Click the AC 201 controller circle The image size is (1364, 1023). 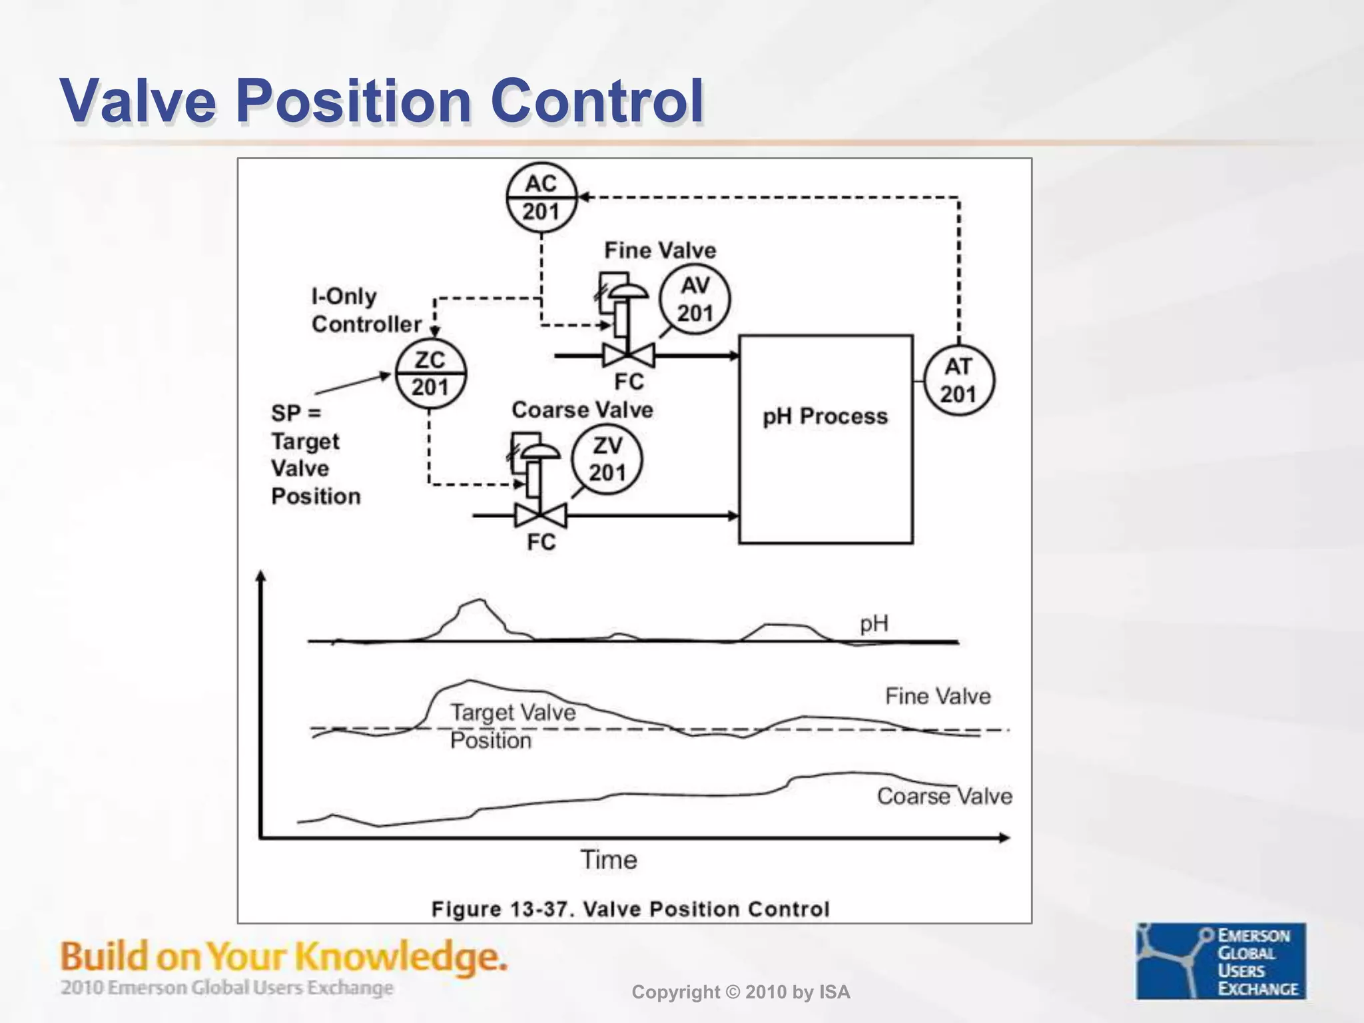click(541, 197)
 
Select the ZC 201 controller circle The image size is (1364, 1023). click(430, 374)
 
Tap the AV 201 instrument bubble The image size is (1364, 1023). click(695, 299)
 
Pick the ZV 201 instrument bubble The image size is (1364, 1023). click(607, 460)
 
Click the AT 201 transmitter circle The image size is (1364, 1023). click(958, 381)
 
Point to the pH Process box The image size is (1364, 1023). click(825, 440)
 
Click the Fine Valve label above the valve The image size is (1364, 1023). click(659, 250)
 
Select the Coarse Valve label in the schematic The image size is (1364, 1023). click(582, 410)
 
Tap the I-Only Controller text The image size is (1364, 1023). click(366, 310)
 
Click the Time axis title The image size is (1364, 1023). click(609, 860)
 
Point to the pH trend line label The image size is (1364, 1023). click(874, 624)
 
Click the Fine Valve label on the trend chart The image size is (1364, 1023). click(937, 697)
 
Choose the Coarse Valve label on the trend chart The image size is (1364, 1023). click(944, 796)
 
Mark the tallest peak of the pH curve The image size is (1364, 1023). click(479, 601)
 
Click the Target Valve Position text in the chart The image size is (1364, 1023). click(512, 726)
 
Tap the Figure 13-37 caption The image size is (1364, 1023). click(630, 909)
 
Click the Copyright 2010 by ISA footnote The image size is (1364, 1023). click(741, 992)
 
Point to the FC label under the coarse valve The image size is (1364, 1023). click(541, 542)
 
